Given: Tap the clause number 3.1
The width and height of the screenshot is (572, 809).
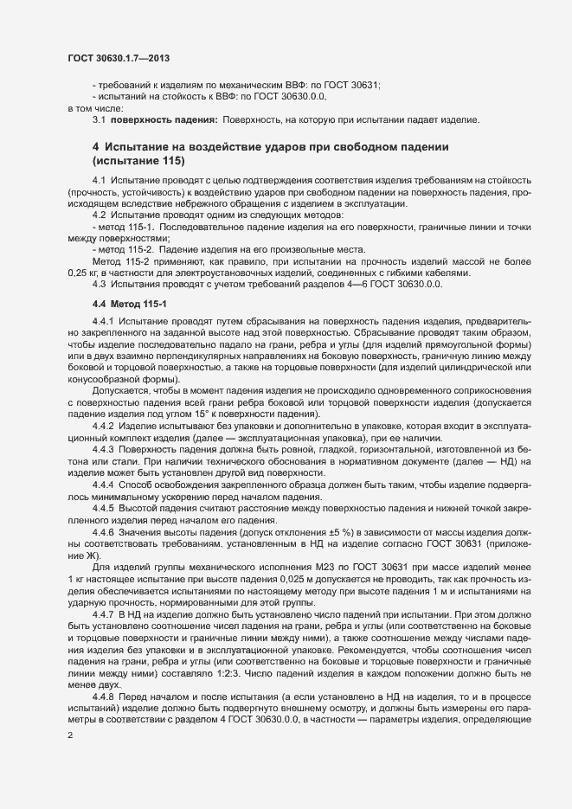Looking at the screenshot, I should (100, 119).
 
